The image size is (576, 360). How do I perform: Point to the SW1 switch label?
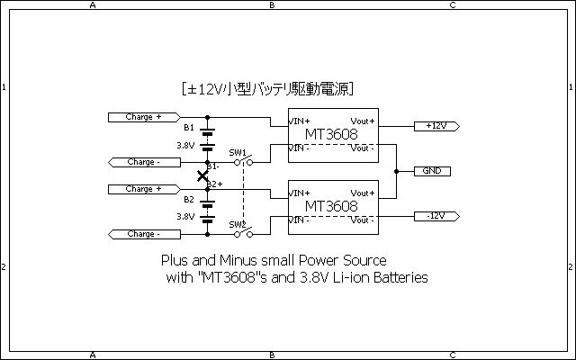point(237,152)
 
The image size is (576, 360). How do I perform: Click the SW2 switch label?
point(237,224)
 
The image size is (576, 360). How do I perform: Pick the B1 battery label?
point(188,128)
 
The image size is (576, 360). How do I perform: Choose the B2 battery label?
point(188,200)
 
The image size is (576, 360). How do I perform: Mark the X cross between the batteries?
point(202,175)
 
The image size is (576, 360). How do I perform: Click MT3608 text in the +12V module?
point(332,134)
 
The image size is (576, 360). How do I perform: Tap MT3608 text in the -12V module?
point(332,206)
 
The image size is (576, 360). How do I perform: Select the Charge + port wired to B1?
point(144,117)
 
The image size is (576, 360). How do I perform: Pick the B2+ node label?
point(215,184)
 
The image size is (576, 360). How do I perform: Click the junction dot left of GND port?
point(397,171)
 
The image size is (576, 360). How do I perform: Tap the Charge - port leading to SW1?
point(144,162)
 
